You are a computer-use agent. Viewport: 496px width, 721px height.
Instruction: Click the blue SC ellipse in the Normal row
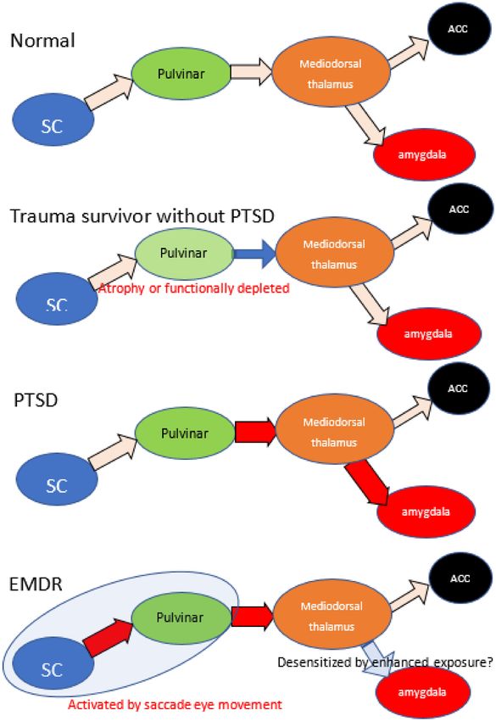(x=53, y=120)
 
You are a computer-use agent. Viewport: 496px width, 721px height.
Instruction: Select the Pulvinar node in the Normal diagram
(x=181, y=73)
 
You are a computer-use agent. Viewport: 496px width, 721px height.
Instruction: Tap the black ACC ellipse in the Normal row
(x=457, y=29)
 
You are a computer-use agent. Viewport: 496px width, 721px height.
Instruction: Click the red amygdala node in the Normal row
(x=423, y=154)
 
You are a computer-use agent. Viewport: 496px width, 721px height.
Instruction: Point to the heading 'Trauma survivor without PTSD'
(x=142, y=215)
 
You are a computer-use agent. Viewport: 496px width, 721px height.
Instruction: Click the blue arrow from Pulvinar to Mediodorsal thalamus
(x=255, y=254)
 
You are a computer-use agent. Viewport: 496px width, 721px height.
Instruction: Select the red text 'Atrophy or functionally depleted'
(x=194, y=288)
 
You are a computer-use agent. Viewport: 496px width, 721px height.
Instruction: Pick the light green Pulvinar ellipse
(x=184, y=254)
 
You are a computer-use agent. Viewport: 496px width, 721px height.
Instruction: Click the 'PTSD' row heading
(x=36, y=400)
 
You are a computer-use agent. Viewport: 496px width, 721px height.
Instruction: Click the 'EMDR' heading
(x=36, y=584)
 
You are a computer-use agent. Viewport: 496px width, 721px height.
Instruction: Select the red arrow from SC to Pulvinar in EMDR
(x=109, y=637)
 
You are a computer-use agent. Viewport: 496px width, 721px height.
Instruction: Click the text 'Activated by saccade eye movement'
(x=176, y=704)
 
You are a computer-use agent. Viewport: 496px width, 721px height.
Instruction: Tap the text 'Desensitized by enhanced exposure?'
(x=385, y=662)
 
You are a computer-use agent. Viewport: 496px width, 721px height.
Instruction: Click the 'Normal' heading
(x=42, y=41)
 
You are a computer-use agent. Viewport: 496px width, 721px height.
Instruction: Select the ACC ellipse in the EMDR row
(x=460, y=578)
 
